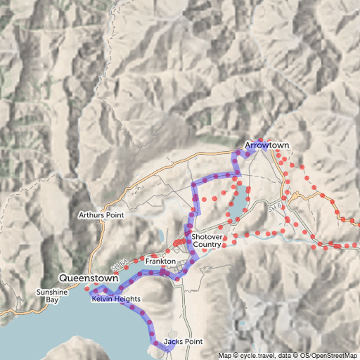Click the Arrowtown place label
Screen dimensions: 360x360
click(x=266, y=146)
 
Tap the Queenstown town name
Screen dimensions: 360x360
click(x=89, y=278)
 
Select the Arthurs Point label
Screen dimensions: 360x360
click(x=101, y=214)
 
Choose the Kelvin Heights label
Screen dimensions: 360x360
click(x=116, y=300)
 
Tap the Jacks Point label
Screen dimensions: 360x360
click(x=183, y=342)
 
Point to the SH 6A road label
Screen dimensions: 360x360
click(x=119, y=266)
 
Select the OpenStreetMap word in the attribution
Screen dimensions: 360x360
click(x=334, y=355)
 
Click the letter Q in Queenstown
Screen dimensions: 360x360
click(x=64, y=278)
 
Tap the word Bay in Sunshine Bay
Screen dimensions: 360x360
click(x=53, y=300)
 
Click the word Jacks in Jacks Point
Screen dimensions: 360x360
click(x=174, y=342)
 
